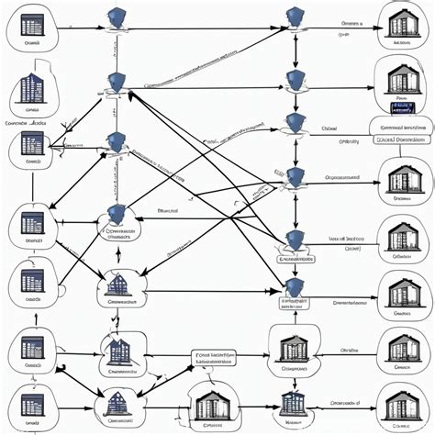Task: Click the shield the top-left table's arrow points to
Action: (117, 17)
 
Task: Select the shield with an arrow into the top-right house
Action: (294, 17)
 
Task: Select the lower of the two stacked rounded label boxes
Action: (400, 139)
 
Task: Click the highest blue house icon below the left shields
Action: (119, 287)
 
